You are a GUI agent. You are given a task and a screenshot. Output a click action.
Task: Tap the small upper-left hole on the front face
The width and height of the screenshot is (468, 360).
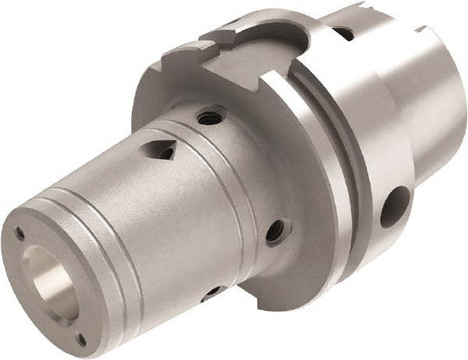[19, 232]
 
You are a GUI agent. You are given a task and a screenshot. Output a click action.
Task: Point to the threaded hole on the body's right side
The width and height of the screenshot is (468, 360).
[275, 231]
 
